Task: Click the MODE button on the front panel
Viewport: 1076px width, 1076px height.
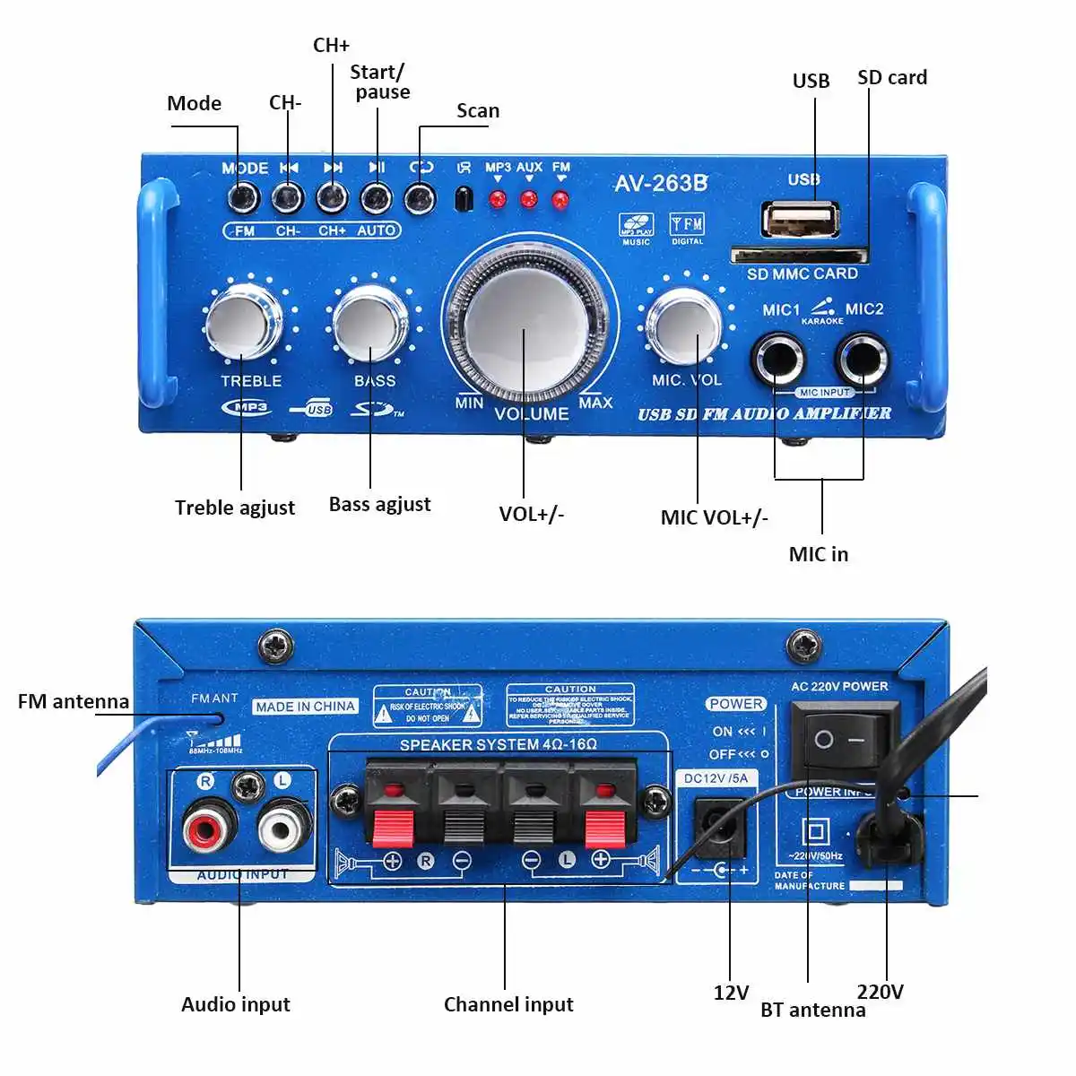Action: (x=243, y=196)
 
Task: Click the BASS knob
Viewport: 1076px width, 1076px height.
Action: (x=370, y=324)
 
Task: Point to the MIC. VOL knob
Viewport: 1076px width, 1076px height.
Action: (x=685, y=326)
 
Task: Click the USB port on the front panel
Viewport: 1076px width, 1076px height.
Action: (x=800, y=220)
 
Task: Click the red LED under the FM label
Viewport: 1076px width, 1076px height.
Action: (x=560, y=200)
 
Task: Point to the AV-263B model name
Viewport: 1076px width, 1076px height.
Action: (x=661, y=184)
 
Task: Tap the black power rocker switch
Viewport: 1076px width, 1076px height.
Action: (x=841, y=741)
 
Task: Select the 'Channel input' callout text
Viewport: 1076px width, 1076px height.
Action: (x=508, y=1004)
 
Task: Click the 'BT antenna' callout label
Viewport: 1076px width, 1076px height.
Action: (x=812, y=1011)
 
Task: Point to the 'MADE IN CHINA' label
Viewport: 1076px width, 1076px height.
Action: (x=305, y=707)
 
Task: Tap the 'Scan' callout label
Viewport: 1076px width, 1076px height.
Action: (x=478, y=111)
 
